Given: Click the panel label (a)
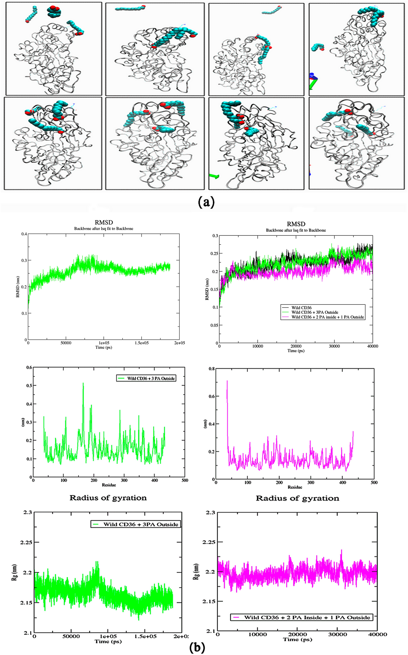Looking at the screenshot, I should (x=206, y=202).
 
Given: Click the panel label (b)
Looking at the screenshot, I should (x=197, y=648).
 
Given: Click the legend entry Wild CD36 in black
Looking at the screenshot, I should (x=301, y=308).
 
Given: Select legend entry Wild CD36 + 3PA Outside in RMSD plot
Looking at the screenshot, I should (x=315, y=312).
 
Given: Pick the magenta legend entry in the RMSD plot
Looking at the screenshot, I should (x=327, y=317).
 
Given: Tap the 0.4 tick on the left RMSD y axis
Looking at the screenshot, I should (x=24, y=234).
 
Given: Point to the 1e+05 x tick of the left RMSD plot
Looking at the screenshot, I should (x=104, y=343).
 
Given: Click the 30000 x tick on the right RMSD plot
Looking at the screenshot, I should (x=334, y=346).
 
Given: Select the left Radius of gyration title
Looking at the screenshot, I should (x=108, y=498).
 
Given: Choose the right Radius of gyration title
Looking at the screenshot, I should (x=297, y=498).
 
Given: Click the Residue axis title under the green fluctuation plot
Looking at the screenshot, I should (x=109, y=485).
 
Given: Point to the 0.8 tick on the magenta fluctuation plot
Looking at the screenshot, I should (x=212, y=369).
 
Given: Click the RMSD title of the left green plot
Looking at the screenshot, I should (x=104, y=222).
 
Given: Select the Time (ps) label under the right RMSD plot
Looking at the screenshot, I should (x=296, y=351).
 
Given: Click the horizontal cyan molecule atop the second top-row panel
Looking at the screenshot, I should (x=130, y=8).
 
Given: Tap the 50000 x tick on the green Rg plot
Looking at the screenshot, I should (x=71, y=636).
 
